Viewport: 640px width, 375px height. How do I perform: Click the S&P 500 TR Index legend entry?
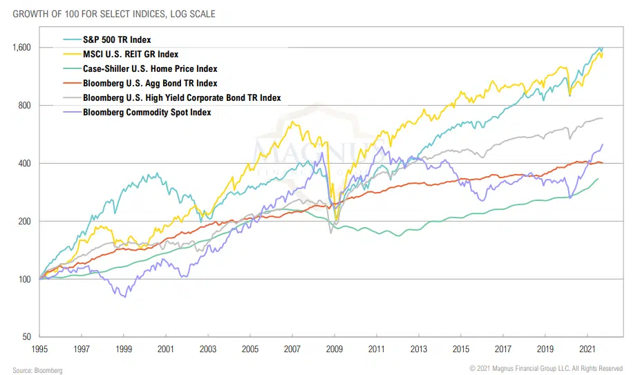(117, 40)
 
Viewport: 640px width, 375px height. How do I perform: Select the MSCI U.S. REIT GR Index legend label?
(130, 55)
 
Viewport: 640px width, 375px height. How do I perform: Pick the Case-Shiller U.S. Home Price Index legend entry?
(150, 69)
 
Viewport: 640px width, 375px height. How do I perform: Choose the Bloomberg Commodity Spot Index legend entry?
(147, 112)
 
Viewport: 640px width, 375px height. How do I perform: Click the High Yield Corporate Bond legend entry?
(182, 98)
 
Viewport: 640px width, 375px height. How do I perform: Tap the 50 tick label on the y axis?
(27, 337)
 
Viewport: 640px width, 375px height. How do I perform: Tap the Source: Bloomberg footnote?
(37, 370)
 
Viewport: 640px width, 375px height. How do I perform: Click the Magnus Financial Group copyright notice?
(546, 369)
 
